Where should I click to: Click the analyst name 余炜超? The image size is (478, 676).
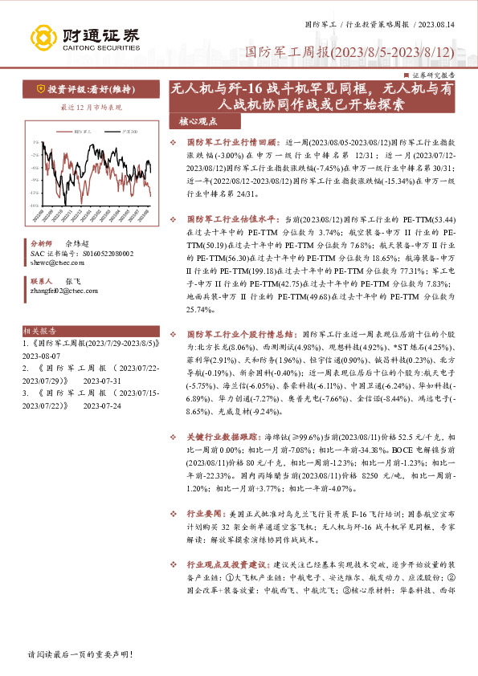pos(77,242)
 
